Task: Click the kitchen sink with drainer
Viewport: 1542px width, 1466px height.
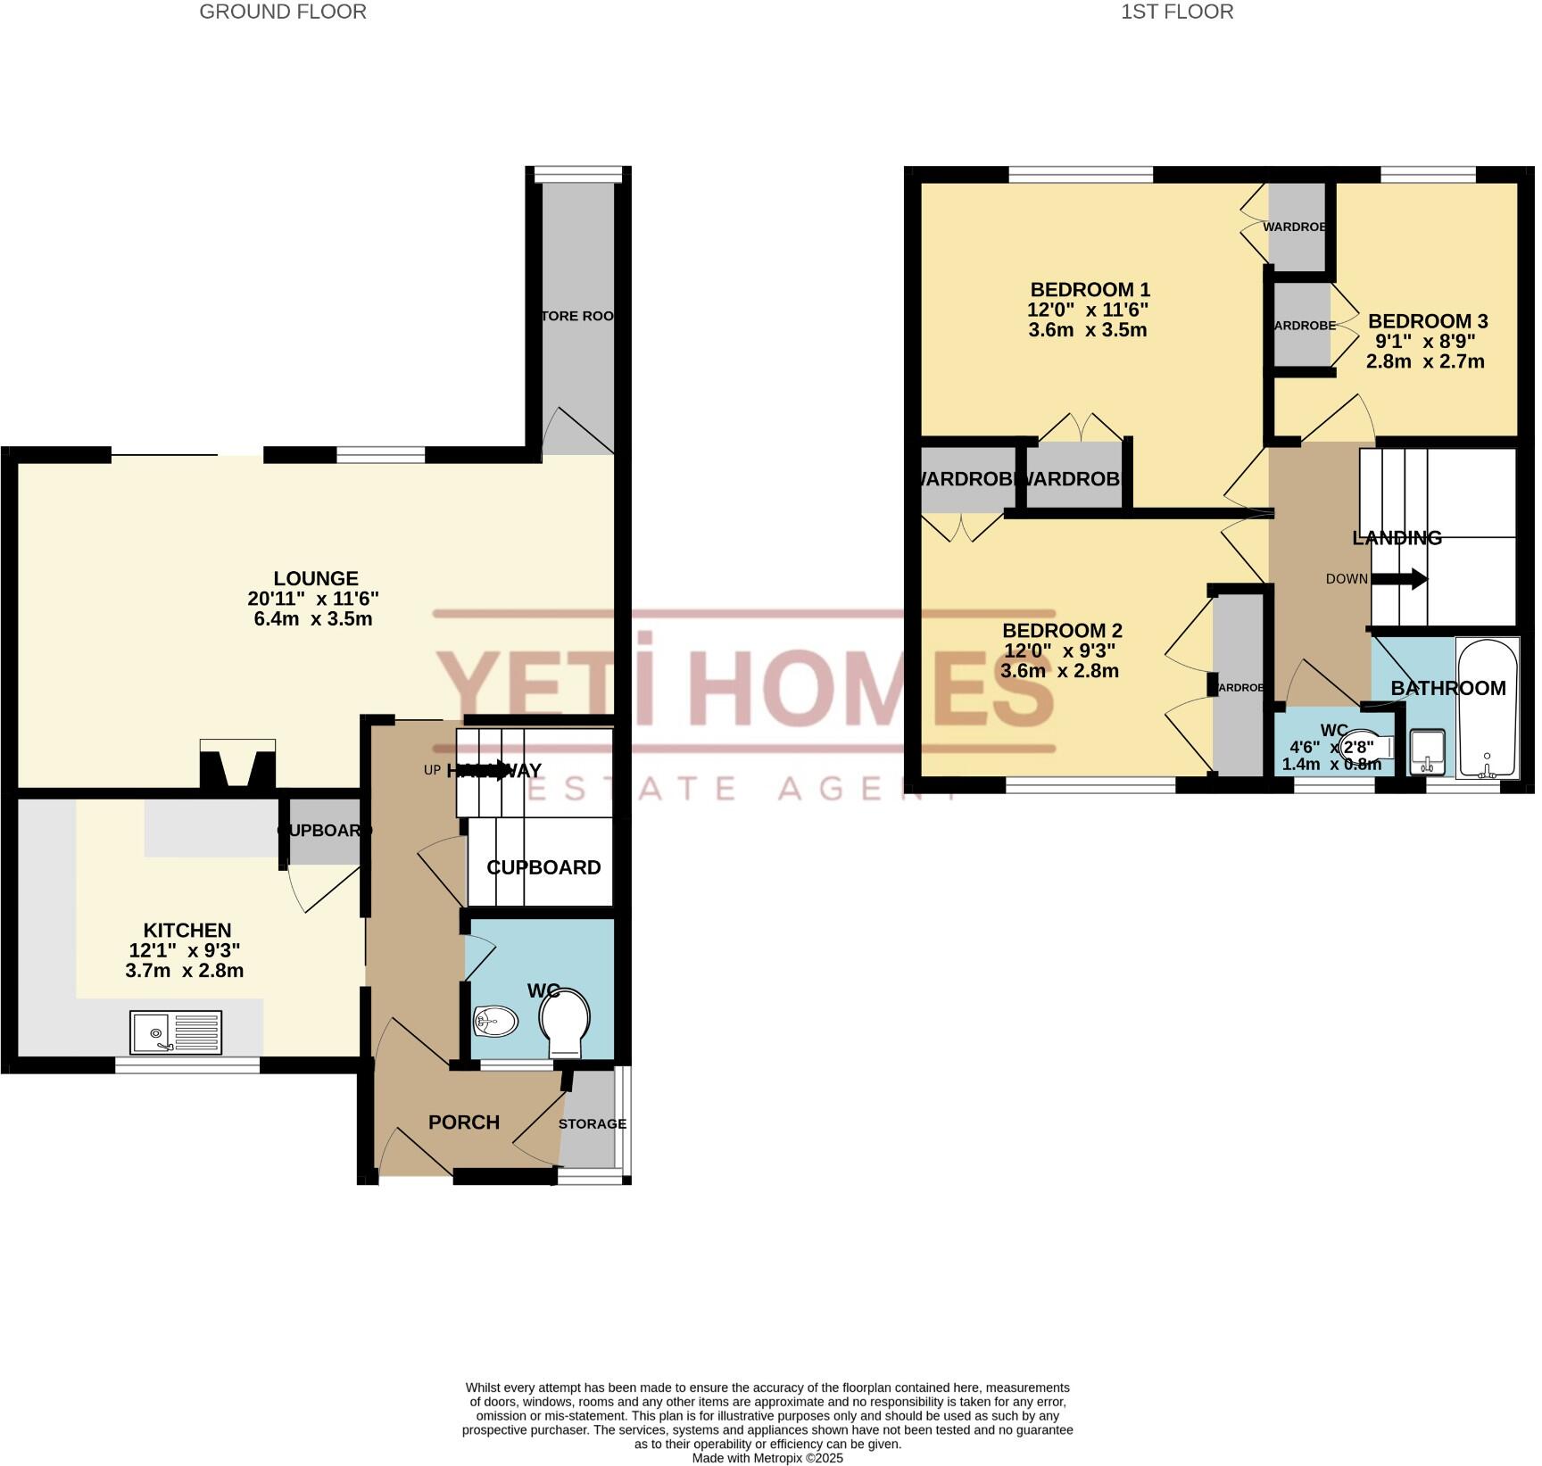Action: pyautogui.click(x=176, y=1032)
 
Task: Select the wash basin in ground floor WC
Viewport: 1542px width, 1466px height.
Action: pyautogui.click(x=496, y=1021)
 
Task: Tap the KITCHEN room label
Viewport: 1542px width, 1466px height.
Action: pyautogui.click(x=187, y=931)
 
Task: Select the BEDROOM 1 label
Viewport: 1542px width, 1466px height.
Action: pyautogui.click(x=1090, y=290)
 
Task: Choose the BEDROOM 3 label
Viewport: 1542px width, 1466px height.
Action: pyautogui.click(x=1427, y=321)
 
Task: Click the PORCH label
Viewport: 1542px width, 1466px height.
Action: pyautogui.click(x=463, y=1122)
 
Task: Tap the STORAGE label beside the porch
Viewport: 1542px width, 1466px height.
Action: pyautogui.click(x=592, y=1123)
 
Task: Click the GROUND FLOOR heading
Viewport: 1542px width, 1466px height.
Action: pyautogui.click(x=282, y=12)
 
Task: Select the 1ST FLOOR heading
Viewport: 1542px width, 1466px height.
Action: pyautogui.click(x=1177, y=12)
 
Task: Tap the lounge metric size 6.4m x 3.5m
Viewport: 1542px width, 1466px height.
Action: pyautogui.click(x=312, y=618)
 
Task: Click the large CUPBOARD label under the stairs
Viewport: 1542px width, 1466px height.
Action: pyautogui.click(x=543, y=867)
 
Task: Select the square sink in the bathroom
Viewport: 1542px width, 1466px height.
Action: pyautogui.click(x=1428, y=750)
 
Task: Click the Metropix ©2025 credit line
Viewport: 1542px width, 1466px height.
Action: pyautogui.click(x=767, y=1458)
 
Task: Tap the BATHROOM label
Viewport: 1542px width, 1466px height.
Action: pyautogui.click(x=1447, y=688)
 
